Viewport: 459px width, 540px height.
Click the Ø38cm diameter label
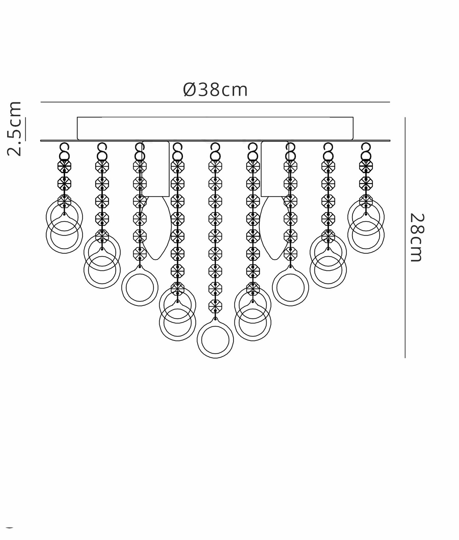tap(215, 90)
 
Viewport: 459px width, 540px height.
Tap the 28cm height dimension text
tap(417, 237)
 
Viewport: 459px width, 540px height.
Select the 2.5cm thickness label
tap(14, 129)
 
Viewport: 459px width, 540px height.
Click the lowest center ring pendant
tap(215, 340)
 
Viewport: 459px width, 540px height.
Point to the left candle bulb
tap(156, 228)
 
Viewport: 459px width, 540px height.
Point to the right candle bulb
tap(274, 228)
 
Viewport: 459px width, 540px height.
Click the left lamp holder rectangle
tap(156, 169)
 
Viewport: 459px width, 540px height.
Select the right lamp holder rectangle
tap(275, 169)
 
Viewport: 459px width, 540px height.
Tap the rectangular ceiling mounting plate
tap(215, 128)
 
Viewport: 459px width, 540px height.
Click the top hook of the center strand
tap(215, 146)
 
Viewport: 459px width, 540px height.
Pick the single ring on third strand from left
tap(140, 288)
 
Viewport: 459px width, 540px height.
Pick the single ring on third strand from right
tap(290, 288)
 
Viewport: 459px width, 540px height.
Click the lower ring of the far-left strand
tap(64, 235)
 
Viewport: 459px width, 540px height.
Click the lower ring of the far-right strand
tap(366, 235)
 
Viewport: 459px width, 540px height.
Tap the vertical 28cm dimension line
tap(405, 237)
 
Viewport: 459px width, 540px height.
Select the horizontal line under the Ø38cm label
tap(215, 102)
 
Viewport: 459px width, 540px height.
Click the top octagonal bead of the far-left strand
tap(64, 166)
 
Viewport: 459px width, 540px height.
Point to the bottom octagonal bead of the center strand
tap(215, 306)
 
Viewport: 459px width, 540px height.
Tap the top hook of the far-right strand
tap(366, 146)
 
